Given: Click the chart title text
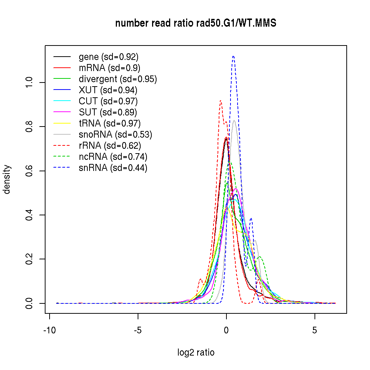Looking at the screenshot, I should point(196,23).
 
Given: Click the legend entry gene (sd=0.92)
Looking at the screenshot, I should point(108,57).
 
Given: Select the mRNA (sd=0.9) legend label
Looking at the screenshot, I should point(110,68).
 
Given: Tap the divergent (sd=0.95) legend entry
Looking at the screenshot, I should point(118,79).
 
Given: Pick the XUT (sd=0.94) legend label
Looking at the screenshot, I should point(108,90).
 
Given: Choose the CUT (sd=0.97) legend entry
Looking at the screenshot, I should point(108,101).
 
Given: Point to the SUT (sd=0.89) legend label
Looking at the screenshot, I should point(108,112).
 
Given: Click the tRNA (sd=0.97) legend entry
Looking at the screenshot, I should point(110,124).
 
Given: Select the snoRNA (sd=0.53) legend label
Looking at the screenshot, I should point(115,135).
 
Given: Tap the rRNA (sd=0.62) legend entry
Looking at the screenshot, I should point(110,146).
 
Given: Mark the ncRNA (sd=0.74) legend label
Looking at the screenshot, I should point(113,157).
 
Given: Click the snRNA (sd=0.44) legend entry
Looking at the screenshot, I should point(113,168).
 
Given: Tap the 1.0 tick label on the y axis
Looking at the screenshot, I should point(28,82).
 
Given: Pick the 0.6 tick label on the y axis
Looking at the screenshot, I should point(28,171).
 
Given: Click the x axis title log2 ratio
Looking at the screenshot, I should point(196,353).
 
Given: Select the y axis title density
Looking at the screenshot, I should point(7,179).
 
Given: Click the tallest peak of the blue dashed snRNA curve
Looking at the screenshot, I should point(233,56).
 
